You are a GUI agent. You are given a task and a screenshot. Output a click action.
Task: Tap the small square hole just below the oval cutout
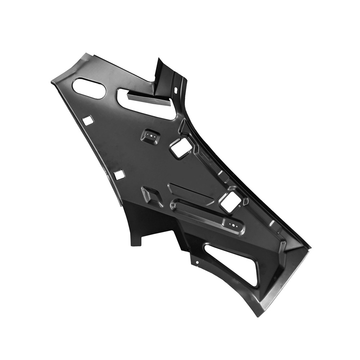88,121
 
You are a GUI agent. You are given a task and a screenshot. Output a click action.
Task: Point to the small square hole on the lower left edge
119,175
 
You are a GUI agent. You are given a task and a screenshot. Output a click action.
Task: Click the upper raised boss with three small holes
151,137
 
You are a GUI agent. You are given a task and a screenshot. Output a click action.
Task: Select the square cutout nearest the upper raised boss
181,148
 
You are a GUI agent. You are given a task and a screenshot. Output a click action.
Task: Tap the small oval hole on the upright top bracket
176,89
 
